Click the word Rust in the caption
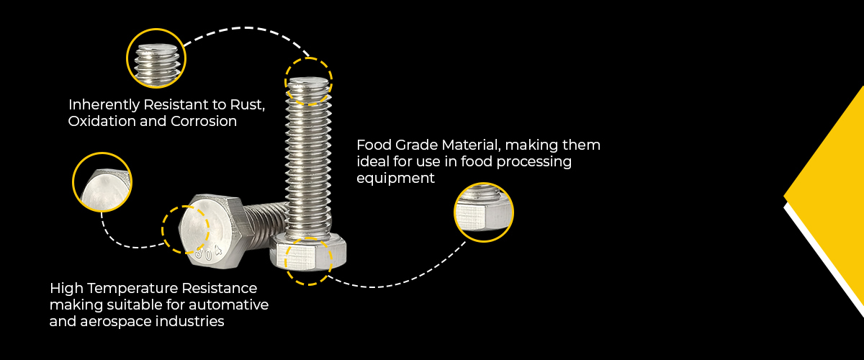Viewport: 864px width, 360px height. click(248, 104)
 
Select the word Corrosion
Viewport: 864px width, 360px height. click(204, 121)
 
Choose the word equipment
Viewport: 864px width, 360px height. click(395, 179)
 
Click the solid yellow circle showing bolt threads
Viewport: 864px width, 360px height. click(156, 56)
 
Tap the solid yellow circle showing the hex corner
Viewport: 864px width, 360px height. click(102, 182)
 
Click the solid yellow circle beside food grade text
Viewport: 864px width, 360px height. click(484, 212)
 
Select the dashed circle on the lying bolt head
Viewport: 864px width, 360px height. click(186, 229)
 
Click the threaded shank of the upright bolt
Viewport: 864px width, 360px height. click(309, 166)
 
